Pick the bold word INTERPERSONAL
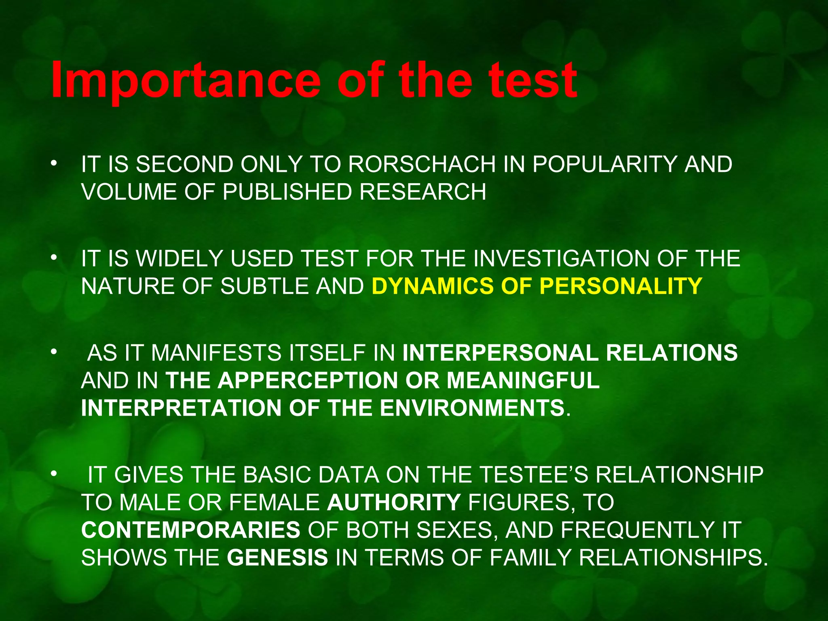point(500,353)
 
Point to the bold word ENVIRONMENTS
point(472,408)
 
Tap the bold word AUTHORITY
point(394,503)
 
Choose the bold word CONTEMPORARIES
point(191,530)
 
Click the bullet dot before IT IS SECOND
point(53,164)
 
